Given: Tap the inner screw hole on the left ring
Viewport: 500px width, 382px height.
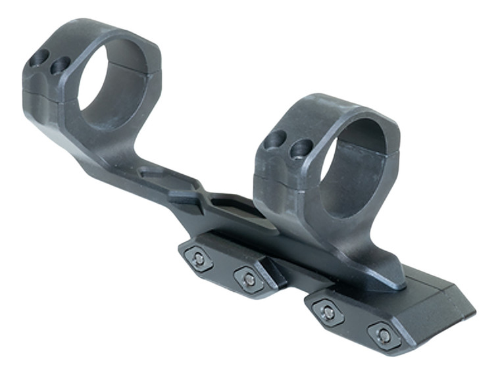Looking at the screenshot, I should coord(61,64).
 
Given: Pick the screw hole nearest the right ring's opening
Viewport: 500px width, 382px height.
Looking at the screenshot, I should coord(302,148).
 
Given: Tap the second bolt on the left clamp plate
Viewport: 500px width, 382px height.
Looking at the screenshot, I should coord(249,279).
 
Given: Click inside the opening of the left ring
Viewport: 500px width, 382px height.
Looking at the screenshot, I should coord(112,82).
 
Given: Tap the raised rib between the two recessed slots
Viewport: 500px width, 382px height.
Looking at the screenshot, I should coord(187,195).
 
